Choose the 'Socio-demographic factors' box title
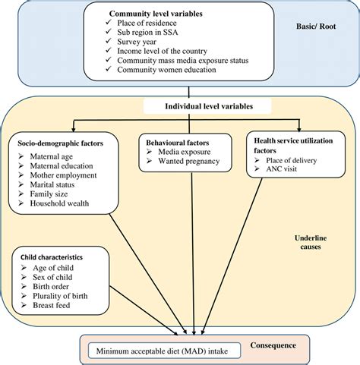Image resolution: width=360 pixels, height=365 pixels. [x=62, y=143]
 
